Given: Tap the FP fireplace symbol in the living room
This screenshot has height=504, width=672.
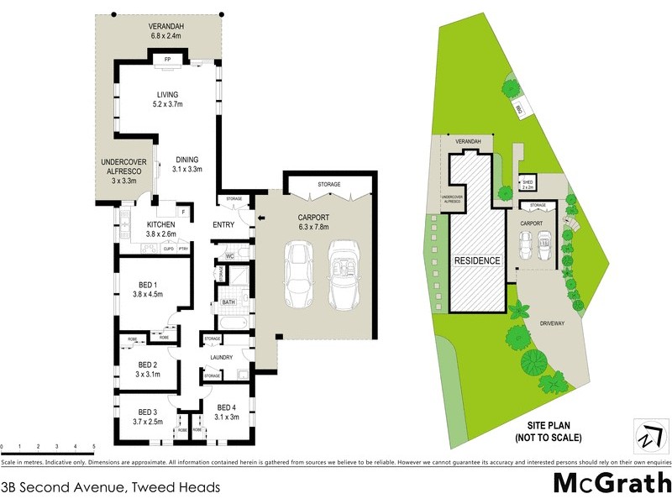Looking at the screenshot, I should pos(167,60).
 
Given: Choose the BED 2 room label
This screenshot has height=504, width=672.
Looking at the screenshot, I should pos(148,370).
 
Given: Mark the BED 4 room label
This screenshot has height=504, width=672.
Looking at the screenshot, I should pos(228,412).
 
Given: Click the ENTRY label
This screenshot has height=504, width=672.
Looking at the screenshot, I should pos(223,224).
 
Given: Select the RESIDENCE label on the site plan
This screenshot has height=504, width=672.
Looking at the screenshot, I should pos(478,260).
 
